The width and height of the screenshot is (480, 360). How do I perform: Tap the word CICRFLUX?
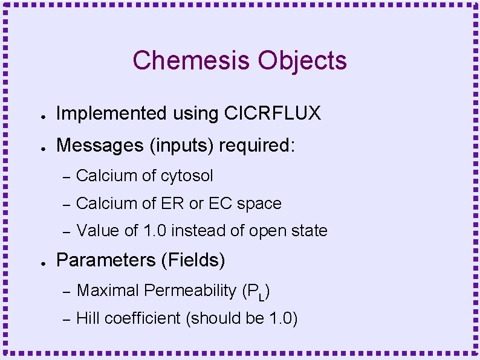[x=273, y=113]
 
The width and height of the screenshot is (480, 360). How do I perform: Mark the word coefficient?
[x=141, y=318]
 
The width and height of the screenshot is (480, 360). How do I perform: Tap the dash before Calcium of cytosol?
[x=67, y=176]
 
